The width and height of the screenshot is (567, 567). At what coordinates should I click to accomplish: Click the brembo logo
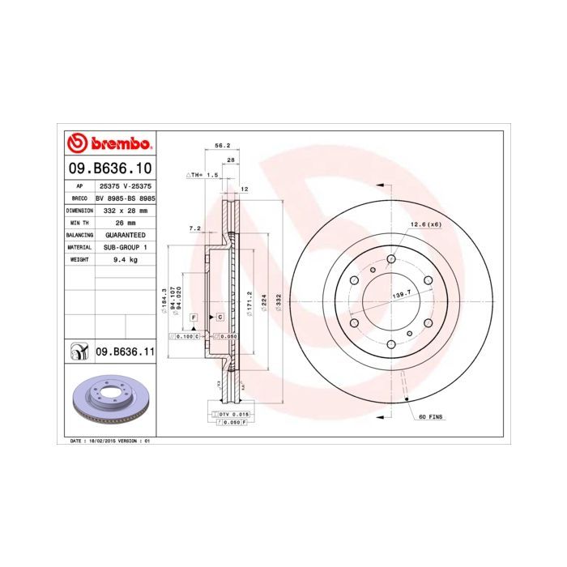(109, 144)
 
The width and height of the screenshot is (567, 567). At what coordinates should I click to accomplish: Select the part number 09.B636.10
(109, 169)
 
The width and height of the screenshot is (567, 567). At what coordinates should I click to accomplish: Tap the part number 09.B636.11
(125, 352)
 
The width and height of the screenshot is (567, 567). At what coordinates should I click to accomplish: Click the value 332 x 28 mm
(125, 209)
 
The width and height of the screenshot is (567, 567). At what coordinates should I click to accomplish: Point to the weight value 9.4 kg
(125, 259)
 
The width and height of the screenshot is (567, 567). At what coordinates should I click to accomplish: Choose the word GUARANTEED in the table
(125, 234)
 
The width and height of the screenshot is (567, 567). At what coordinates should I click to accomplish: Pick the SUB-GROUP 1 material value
(125, 247)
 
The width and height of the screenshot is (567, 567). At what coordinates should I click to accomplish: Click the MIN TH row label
(79, 222)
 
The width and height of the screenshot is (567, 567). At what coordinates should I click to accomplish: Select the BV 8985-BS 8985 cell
(125, 197)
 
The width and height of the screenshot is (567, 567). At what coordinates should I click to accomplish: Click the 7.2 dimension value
(194, 228)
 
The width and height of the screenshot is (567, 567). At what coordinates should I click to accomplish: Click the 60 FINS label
(431, 416)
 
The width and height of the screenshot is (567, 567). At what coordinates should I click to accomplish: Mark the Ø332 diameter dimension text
(278, 302)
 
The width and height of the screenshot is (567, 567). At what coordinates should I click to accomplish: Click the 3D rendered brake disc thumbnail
(108, 402)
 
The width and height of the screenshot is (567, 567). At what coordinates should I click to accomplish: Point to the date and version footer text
(110, 441)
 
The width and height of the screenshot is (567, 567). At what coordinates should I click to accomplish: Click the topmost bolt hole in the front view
(391, 259)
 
